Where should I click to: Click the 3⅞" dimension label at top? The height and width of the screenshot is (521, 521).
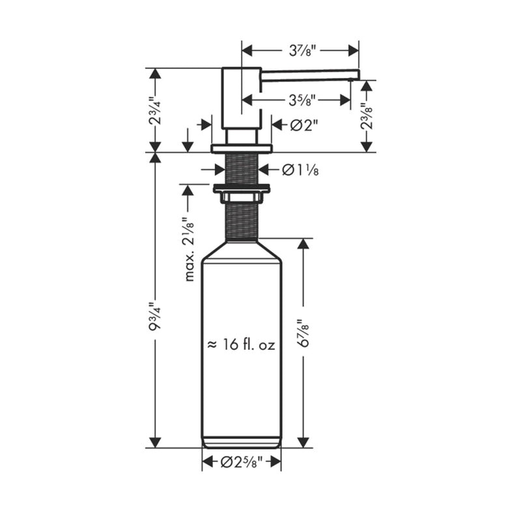pyautogui.click(x=300, y=49)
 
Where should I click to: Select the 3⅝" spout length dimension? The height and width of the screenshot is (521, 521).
pyautogui.click(x=300, y=100)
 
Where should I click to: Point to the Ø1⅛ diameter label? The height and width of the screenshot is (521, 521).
pyautogui.click(x=300, y=170)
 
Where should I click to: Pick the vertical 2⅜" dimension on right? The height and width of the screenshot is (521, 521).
pyautogui.click(x=367, y=116)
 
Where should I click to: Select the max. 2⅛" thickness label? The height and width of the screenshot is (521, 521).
pyautogui.click(x=190, y=249)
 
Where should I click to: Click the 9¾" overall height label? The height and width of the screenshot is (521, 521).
pyautogui.click(x=154, y=317)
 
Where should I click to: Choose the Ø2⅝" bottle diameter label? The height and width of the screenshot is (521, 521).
pyautogui.click(x=242, y=463)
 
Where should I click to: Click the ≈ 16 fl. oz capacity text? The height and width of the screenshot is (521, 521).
pyautogui.click(x=241, y=346)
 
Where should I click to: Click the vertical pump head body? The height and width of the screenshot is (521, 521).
pyautogui.click(x=242, y=98)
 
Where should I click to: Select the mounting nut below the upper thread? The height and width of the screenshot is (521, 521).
pyautogui.click(x=242, y=190)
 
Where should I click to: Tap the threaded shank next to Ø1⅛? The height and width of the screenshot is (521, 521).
pyautogui.click(x=242, y=169)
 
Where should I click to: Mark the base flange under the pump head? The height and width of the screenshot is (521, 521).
pyautogui.click(x=242, y=148)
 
